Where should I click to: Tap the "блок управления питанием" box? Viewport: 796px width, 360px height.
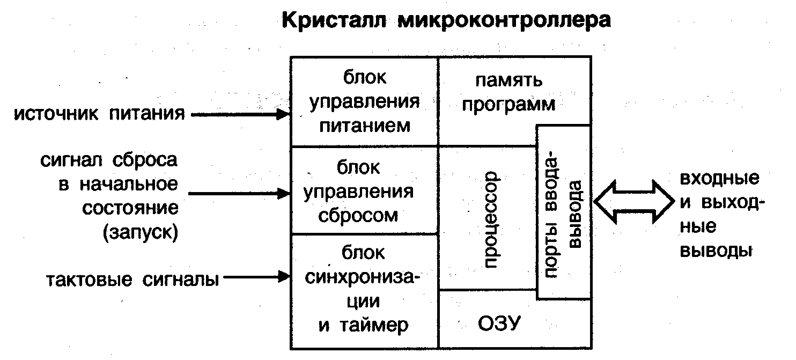pos(364,101)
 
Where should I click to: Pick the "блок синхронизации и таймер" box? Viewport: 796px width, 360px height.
pos(364,290)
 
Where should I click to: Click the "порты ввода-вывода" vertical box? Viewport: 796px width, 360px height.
pos(564,212)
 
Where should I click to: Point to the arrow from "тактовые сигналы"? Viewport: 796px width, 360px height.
pos(256,277)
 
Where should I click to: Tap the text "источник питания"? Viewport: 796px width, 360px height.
pos(99,114)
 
